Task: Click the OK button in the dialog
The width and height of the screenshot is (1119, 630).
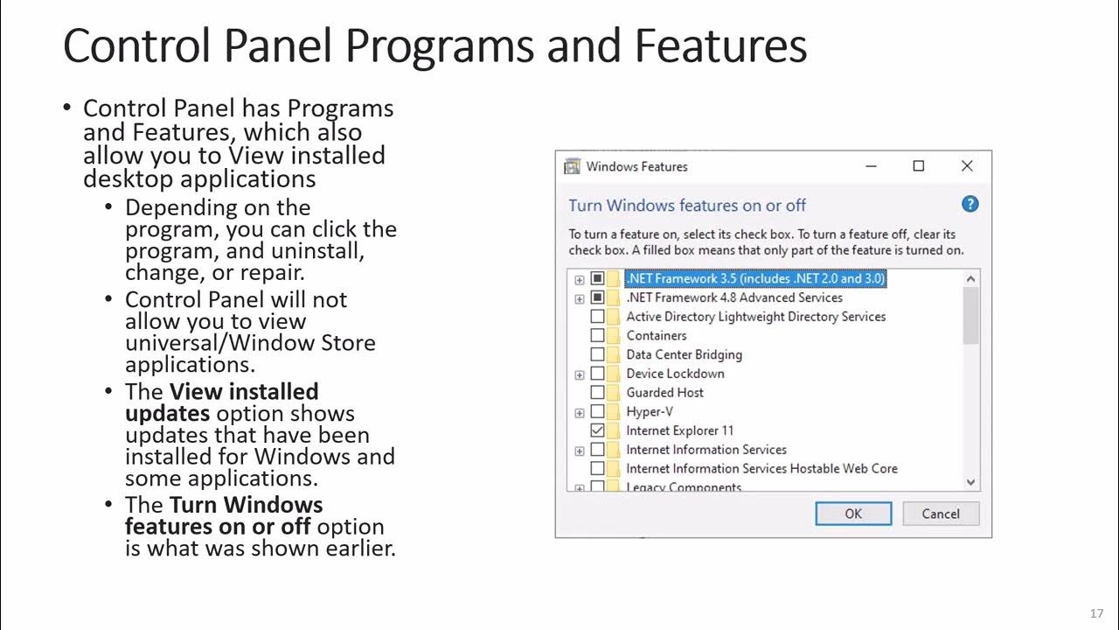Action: point(853,514)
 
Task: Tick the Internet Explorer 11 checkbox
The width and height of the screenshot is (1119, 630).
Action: point(598,430)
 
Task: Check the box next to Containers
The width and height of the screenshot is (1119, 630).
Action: point(598,335)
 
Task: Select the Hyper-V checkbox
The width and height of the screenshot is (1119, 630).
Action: point(598,411)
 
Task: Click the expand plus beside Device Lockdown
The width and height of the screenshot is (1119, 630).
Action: point(580,374)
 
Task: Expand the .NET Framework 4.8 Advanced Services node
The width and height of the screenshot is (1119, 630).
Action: point(580,298)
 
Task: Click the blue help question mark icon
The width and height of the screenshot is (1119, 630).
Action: point(970,204)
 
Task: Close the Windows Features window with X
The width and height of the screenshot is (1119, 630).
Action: point(967,166)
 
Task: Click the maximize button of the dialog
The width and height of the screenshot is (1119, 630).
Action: point(919,166)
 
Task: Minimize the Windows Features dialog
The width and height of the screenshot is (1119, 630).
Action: point(871,166)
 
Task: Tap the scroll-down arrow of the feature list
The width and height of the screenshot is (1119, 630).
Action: point(970,482)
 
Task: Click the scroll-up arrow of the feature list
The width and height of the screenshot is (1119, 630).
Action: point(970,279)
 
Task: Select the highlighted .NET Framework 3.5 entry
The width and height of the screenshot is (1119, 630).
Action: point(755,278)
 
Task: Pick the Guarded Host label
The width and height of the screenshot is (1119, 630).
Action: point(664,393)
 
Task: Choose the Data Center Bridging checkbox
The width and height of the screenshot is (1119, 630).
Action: point(598,354)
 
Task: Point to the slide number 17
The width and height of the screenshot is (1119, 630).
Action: point(1097,613)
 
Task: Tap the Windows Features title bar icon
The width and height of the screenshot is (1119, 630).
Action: point(573,166)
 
